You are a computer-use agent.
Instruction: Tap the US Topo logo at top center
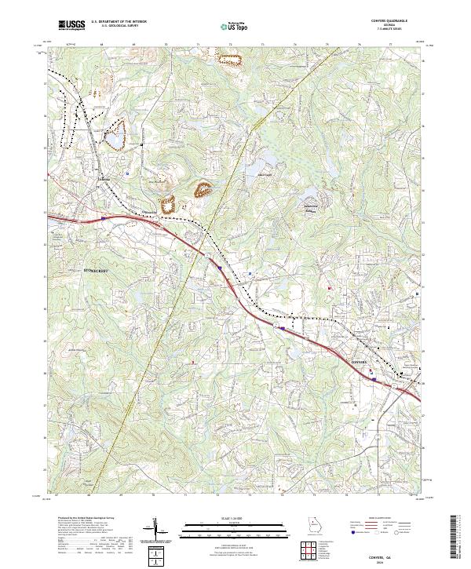click(x=234, y=27)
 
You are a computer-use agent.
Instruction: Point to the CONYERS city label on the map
click(x=358, y=362)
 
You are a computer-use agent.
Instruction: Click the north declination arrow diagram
click(x=156, y=530)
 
